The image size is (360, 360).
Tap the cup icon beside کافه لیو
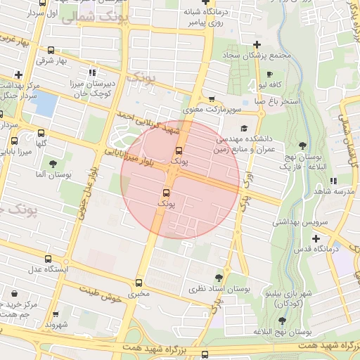(270, 74)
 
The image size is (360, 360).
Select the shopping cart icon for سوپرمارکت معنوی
(212, 99)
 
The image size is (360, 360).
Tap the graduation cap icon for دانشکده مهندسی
(244, 128)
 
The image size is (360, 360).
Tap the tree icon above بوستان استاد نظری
(219, 277)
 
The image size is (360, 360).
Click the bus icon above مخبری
(139, 283)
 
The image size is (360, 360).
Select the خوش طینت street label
(102, 295)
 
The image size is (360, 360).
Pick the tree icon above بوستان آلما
(53, 164)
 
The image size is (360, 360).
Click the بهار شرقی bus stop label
(51, 60)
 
